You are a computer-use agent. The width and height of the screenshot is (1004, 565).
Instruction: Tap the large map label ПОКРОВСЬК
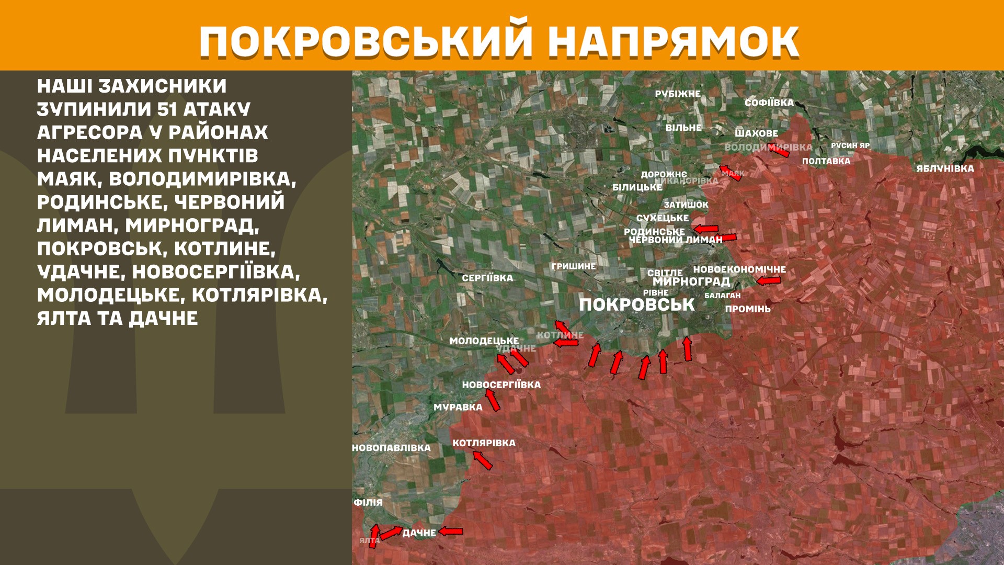coord(636,305)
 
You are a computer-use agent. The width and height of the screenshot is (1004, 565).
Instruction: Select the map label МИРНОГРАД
coord(691,282)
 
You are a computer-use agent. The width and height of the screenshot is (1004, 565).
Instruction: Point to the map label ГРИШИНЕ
coord(573,266)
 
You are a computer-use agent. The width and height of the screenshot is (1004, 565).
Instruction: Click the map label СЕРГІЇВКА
coord(487,278)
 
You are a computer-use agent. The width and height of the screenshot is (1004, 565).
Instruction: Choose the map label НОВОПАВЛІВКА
coord(391,448)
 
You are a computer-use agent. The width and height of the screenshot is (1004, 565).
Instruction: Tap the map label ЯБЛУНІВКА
coord(945,168)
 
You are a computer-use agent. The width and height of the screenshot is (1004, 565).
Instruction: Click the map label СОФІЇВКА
coord(769,103)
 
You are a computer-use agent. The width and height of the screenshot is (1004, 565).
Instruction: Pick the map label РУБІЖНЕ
coord(678,94)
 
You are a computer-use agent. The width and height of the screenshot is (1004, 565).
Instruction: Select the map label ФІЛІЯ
coord(368,502)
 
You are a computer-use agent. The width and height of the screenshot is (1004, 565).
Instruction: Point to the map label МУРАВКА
coord(458,407)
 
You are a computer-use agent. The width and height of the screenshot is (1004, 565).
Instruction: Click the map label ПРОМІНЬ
coord(747,309)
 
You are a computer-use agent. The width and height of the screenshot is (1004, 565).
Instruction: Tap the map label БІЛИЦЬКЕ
coord(637,187)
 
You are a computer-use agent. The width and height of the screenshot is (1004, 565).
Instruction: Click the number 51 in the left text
coord(166,109)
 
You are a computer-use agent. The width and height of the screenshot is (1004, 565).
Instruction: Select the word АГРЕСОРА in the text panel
coord(89,132)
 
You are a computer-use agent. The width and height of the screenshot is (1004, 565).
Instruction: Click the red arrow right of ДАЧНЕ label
coord(451,532)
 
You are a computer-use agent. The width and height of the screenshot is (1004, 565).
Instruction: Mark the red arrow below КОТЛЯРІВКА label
coord(482,460)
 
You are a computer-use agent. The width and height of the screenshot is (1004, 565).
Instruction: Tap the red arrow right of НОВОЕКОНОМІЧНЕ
coord(768,281)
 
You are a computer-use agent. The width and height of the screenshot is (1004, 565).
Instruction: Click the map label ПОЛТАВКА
coord(826,161)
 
